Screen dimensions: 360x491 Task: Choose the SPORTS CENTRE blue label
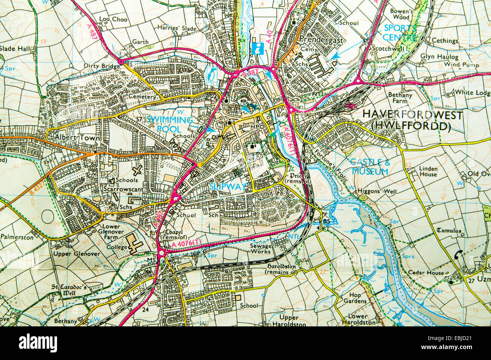(x=400, y=32)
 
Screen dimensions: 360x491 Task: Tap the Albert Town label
(x=77, y=138)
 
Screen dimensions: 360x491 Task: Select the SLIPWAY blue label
(x=228, y=186)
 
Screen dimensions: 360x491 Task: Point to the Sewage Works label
(x=261, y=248)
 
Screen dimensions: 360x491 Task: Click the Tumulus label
(x=449, y=230)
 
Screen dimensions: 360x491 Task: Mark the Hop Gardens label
(x=355, y=298)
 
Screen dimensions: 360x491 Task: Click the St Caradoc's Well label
(x=69, y=289)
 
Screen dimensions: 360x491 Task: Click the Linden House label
(x=428, y=172)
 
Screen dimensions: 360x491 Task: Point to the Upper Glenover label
(x=77, y=253)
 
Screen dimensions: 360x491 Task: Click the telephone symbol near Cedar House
(x=459, y=254)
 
